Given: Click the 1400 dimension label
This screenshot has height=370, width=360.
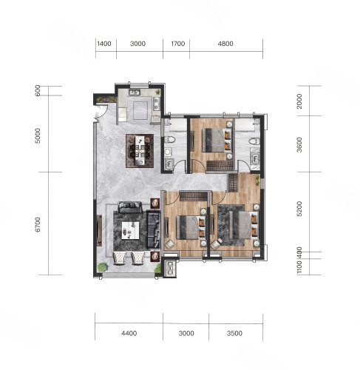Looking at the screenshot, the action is point(104,44).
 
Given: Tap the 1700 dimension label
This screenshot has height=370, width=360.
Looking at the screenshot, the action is point(178,44).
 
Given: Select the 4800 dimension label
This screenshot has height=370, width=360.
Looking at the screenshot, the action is point(225,44).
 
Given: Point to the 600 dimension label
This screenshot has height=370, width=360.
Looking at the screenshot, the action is point(38,90).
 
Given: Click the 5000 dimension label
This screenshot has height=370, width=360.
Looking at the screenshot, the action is point(38,135).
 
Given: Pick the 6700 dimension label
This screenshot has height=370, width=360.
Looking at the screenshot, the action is point(38,224).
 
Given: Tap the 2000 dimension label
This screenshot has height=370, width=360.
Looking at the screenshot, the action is point(299,101).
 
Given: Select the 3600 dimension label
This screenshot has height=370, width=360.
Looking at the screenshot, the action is point(299,145).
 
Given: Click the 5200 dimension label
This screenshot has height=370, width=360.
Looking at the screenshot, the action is point(299,209).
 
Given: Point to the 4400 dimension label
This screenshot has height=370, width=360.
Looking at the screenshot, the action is point(129,333).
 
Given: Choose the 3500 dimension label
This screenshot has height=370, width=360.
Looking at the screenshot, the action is point(234,333).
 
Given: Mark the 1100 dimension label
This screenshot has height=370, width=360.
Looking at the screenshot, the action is point(299,267).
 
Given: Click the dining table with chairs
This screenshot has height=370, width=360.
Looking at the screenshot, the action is point(140,151).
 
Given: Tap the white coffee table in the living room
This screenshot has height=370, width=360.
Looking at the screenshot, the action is point(131,230).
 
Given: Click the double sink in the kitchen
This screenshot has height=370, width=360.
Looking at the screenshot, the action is point(135,92).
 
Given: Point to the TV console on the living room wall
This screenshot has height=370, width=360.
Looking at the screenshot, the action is point(99,230).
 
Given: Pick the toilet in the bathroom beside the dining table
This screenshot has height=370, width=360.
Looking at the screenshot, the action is point(170,140).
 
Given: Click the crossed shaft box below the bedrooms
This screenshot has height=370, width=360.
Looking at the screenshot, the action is point(170,268).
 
